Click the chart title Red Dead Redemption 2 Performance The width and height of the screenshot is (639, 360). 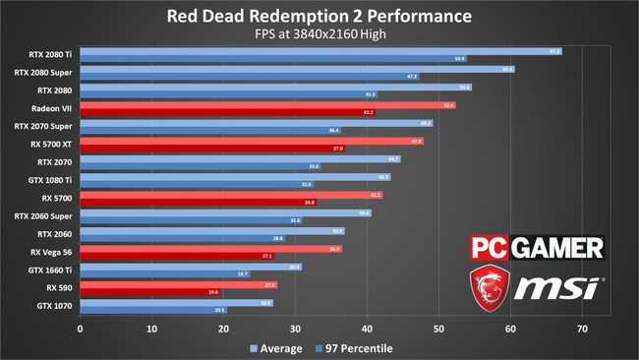tap(319, 17)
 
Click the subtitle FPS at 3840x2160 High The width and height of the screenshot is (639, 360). tap(319, 35)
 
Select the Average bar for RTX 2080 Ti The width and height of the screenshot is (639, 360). tap(319, 51)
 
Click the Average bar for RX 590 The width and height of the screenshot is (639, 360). tap(178, 284)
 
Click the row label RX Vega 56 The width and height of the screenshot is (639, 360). tap(51, 252)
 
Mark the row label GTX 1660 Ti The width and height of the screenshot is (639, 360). tap(51, 270)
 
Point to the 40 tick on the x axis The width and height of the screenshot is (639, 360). tap(367, 328)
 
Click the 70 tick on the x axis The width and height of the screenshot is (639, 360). tap(582, 328)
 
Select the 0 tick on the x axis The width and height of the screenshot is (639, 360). tap(80, 328)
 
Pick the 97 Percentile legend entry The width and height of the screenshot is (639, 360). tap(351, 348)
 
